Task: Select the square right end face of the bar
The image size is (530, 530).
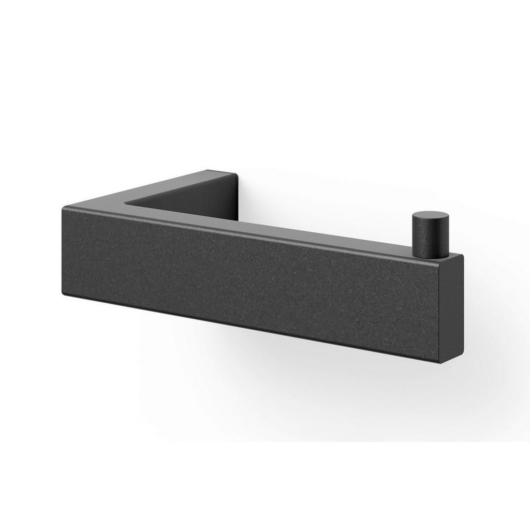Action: coord(451,308)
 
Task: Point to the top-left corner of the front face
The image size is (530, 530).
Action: coord(64,208)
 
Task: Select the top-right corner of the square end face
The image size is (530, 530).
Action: coord(463,255)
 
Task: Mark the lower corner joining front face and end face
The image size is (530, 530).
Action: coord(440,362)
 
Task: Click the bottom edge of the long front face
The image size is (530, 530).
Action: coord(248,327)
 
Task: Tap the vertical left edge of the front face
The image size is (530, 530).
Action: coord(63,251)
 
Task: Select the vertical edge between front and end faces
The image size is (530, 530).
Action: coord(440,311)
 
